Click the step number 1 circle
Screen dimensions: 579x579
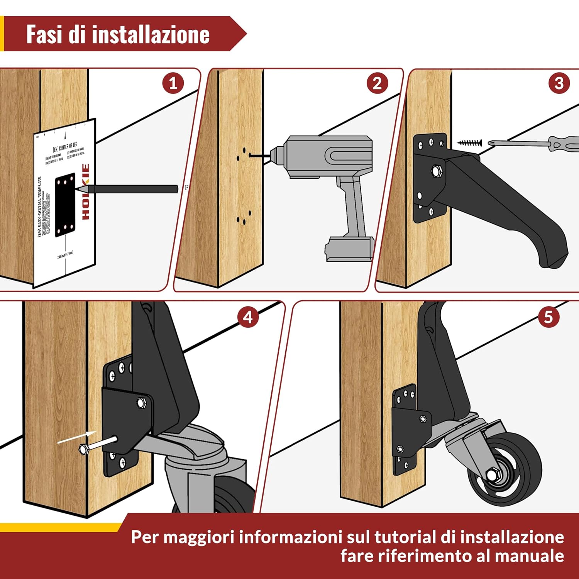173,83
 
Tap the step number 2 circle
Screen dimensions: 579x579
377,83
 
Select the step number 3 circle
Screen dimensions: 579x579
559,83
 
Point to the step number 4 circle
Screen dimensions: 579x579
248,317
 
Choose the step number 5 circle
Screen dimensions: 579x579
549,317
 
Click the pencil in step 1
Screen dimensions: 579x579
127,189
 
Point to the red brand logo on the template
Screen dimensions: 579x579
86,192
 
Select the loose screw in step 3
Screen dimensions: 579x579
470,143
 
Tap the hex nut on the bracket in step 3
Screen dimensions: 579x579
437,171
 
